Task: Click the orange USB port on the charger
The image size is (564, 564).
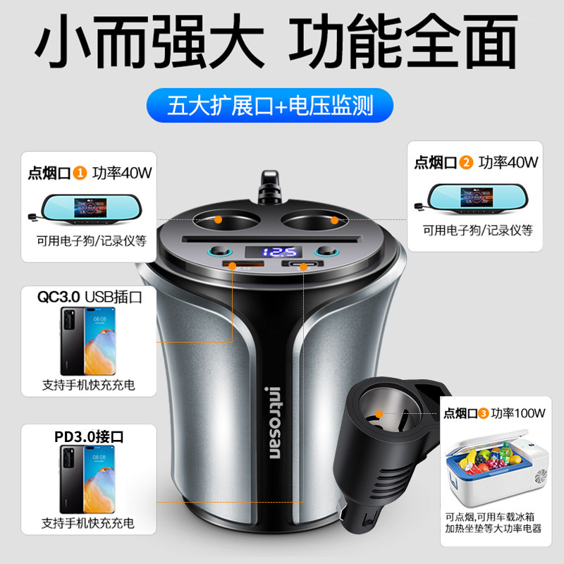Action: point(233,265)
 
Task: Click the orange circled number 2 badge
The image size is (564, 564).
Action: point(465,161)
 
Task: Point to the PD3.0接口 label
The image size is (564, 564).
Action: point(87,436)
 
